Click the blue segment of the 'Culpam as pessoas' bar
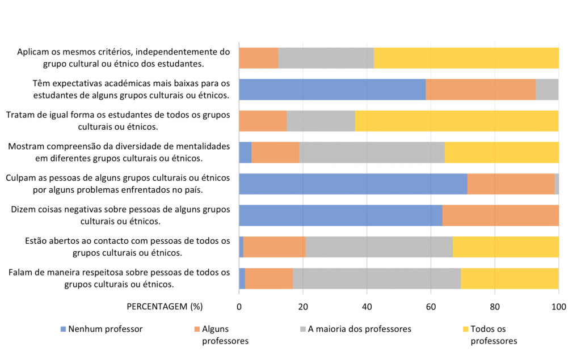click(353, 184)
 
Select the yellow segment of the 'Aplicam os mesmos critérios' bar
click(466, 58)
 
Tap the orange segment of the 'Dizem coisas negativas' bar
click(500, 215)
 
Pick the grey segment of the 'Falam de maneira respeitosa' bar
click(377, 278)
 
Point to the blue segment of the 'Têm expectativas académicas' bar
click(332, 90)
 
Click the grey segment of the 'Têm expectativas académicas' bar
click(547, 90)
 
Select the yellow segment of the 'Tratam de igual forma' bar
click(457, 121)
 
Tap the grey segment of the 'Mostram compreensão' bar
click(372, 153)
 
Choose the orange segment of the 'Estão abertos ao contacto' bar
click(274, 247)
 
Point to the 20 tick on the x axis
click(303, 307)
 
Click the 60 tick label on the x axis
click(431, 307)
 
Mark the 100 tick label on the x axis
click(559, 307)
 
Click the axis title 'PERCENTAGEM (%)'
click(164, 307)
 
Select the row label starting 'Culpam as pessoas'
click(117, 184)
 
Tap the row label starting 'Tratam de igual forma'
click(118, 121)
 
